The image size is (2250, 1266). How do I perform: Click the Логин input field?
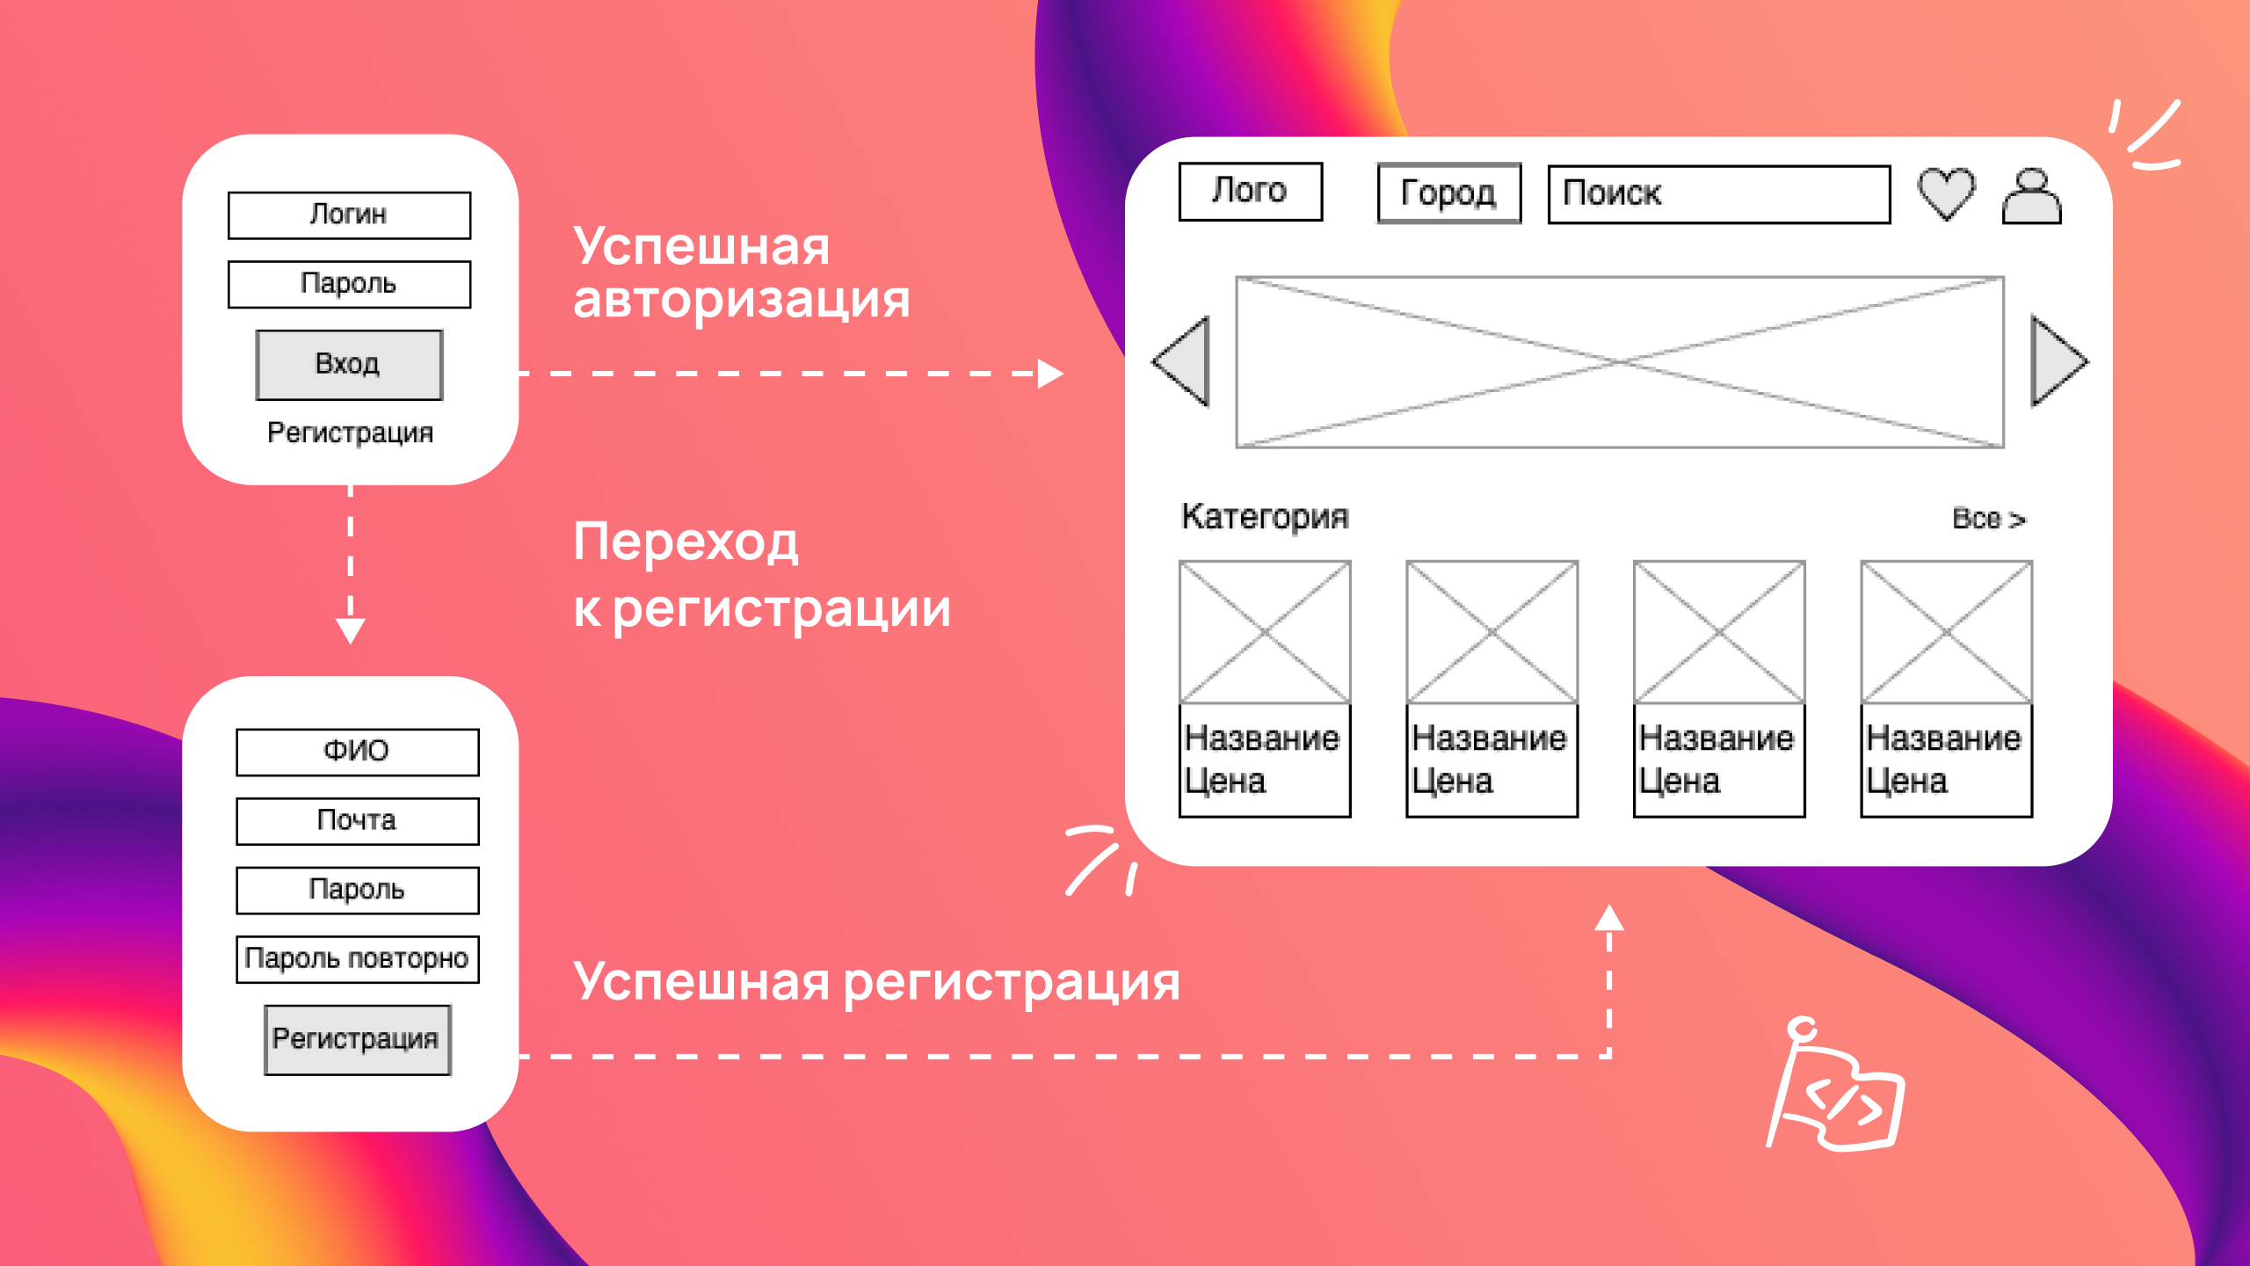[x=349, y=215]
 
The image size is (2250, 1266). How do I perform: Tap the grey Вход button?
[x=349, y=365]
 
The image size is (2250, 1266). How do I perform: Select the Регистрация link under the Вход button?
[x=350, y=433]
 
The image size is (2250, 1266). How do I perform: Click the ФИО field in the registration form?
[x=358, y=752]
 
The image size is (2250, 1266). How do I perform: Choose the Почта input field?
[x=358, y=821]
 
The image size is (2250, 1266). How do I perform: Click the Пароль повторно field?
[x=358, y=959]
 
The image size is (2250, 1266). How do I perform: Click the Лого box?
[x=1251, y=192]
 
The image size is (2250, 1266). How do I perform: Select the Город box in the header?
[x=1449, y=193]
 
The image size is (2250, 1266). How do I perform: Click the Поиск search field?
[x=1719, y=194]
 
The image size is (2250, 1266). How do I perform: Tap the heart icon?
[x=1946, y=194]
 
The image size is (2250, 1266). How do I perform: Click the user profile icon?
[x=2031, y=196]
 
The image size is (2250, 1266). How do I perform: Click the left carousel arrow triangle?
[x=1182, y=361]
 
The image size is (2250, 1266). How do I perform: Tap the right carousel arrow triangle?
[x=2058, y=361]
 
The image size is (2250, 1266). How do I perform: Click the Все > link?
[x=1989, y=519]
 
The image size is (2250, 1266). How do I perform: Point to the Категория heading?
[x=1265, y=518]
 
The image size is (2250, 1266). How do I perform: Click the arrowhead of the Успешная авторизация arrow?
[x=1050, y=374]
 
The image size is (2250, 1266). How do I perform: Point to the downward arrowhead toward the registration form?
[x=351, y=630]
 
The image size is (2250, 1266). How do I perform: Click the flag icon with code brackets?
[x=1835, y=1085]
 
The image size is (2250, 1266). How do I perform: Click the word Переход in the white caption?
[x=686, y=542]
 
